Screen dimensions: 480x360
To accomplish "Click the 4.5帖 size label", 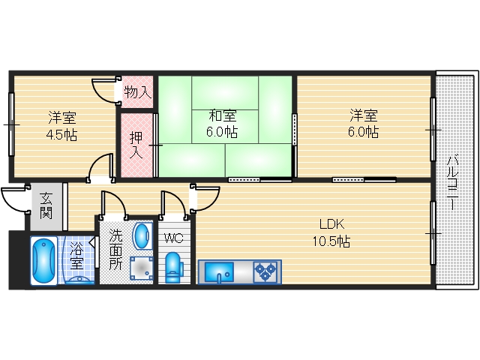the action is click(61, 135).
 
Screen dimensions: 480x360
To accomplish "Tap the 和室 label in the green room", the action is click(223, 116).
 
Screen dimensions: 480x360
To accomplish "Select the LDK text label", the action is click(331, 224).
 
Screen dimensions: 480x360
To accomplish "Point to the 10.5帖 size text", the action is click(331, 241).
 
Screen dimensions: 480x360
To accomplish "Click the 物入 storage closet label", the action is click(138, 91).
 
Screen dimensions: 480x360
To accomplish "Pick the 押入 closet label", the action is click(136, 145).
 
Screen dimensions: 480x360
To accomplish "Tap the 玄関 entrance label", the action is click(46, 205).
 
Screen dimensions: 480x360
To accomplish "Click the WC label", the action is click(173, 238).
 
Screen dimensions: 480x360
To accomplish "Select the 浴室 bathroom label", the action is click(76, 256).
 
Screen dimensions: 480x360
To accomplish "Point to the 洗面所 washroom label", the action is click(115, 250).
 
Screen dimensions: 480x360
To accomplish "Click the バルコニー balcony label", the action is click(452, 183).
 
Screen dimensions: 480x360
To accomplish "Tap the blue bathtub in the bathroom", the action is click(43, 260).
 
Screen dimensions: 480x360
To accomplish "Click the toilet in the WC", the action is click(172, 267).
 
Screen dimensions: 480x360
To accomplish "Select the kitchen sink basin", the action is click(219, 271).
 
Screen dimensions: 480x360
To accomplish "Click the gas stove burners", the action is click(265, 271).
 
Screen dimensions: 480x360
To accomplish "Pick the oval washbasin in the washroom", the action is click(142, 236).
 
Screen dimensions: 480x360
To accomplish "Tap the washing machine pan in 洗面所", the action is click(142, 268).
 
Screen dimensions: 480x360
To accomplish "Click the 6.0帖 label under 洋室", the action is click(363, 132).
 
